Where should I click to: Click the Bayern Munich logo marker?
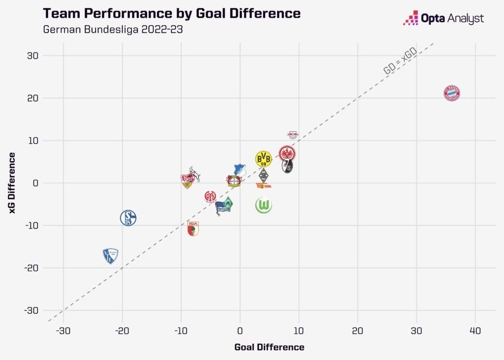coord(452,93)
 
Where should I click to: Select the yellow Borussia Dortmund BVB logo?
coord(263,158)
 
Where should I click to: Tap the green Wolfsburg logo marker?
coord(263,206)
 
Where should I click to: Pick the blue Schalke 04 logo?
coord(128,218)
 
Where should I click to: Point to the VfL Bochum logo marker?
coord(110,256)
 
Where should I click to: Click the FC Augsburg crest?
coord(193,228)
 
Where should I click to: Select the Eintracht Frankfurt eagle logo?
coord(287,153)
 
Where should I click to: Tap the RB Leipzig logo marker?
coord(292,135)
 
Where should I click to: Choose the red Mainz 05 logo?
coord(210,196)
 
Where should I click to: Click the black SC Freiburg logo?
coord(287,166)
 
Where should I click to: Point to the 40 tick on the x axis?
coord(476,329)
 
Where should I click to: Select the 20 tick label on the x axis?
coord(357,329)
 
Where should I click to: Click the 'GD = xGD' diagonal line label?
coord(400,63)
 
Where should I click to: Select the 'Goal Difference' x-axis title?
coord(269,347)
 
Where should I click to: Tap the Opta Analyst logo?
coord(443,19)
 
